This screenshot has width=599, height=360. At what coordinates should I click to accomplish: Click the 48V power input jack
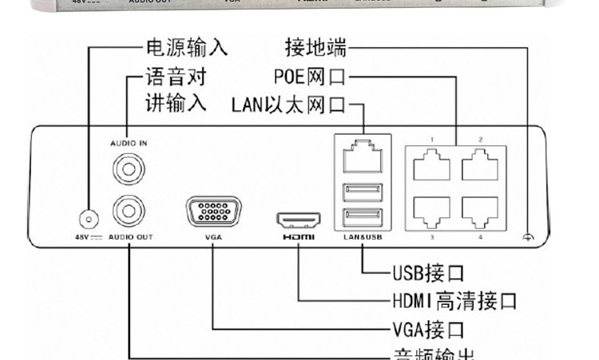86,217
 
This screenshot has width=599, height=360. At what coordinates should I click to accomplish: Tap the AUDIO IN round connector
129,168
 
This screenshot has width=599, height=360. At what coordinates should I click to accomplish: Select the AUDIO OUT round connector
129,212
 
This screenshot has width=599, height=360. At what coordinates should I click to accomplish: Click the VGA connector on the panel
213,213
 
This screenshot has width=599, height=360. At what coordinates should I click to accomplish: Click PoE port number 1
431,166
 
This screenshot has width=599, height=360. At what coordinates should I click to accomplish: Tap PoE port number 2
480,166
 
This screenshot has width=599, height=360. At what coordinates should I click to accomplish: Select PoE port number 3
431,210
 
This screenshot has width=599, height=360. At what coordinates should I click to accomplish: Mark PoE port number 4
480,210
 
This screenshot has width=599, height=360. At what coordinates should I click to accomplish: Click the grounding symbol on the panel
527,237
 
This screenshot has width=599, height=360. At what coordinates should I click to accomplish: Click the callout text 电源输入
185,47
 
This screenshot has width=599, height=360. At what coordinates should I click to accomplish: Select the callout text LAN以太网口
288,105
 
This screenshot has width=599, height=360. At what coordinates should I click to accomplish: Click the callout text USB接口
429,273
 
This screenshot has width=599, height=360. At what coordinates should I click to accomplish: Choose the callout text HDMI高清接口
454,301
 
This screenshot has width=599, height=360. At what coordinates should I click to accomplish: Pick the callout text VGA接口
429,328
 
